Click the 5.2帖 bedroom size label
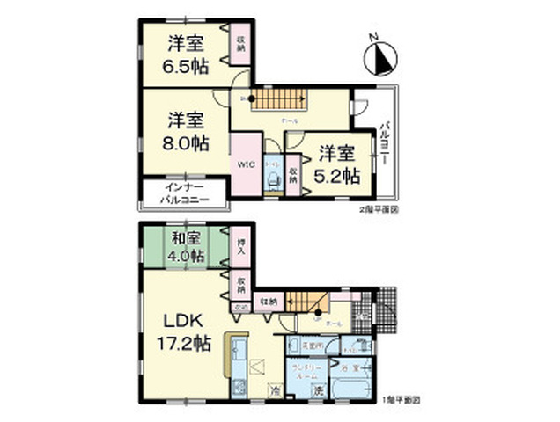[338, 164]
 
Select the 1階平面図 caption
[403, 400]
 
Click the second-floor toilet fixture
[274, 179]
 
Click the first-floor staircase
[309, 302]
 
